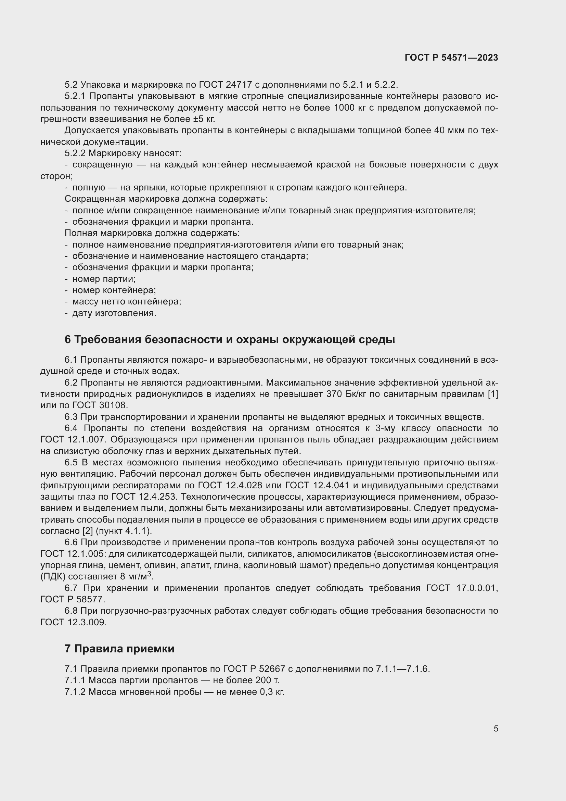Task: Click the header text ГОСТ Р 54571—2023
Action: coord(451,58)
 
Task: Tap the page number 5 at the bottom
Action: coord(496,729)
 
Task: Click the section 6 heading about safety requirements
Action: coord(230,339)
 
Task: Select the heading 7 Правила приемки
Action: coord(119,649)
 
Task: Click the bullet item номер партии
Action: coord(104,279)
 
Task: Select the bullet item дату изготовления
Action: coord(114,313)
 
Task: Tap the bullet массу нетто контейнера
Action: coord(127,302)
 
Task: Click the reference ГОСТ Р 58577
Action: coord(73,600)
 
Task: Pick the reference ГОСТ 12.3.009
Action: coord(73,622)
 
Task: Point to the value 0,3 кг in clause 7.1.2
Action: coord(272,692)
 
